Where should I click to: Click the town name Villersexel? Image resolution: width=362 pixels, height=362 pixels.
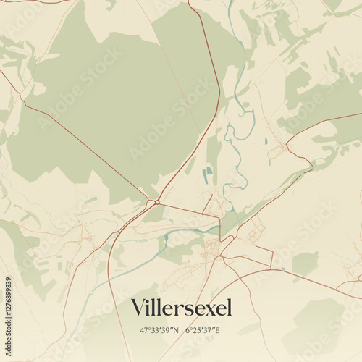click(x=182, y=308)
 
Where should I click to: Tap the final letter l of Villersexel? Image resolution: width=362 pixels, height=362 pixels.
click(x=230, y=308)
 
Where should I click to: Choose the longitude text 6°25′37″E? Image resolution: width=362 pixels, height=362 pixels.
click(x=203, y=331)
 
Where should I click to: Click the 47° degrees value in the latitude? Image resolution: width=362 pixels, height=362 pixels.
click(x=145, y=331)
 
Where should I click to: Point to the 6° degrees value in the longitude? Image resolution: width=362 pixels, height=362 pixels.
click(x=188, y=331)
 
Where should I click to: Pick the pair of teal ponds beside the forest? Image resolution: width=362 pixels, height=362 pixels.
click(x=209, y=172)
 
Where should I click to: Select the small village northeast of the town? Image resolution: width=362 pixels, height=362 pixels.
click(x=278, y=151)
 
